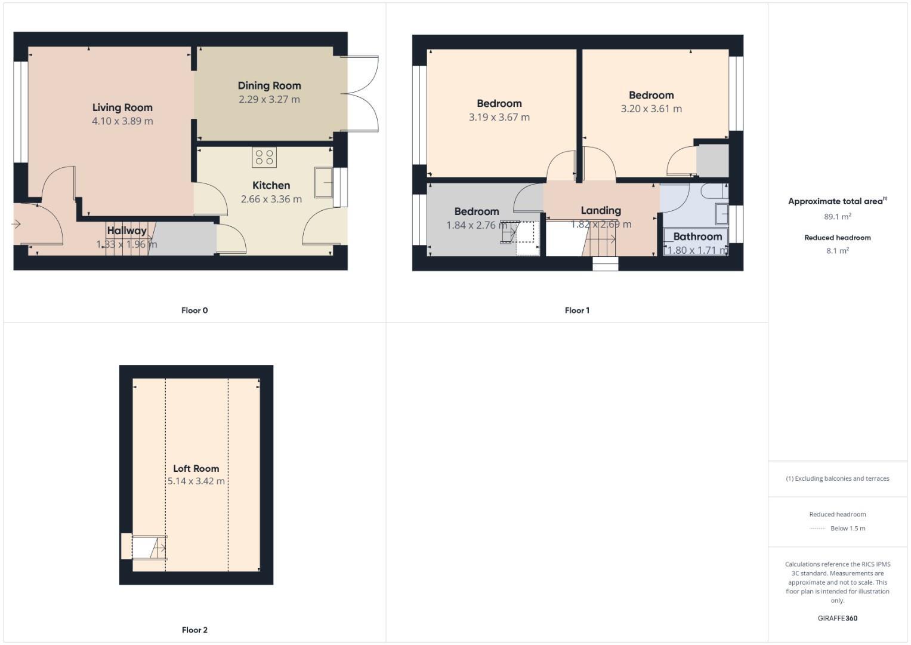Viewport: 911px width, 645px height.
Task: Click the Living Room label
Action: (122, 107)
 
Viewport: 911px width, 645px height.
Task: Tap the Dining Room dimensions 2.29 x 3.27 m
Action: (269, 99)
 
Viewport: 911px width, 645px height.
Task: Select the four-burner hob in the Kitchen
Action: (264, 158)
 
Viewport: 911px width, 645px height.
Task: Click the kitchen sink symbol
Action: (324, 182)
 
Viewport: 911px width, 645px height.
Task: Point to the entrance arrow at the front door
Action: (16, 224)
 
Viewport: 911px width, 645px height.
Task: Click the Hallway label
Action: (126, 231)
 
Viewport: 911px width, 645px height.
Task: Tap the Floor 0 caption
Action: (194, 310)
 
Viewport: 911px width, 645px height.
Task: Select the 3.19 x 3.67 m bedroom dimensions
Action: (499, 117)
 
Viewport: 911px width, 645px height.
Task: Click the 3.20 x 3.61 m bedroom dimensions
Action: (651, 109)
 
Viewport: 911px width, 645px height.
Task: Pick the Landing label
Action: (601, 210)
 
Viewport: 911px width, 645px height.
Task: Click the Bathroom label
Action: (697, 236)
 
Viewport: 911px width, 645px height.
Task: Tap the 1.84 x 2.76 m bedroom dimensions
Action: (477, 225)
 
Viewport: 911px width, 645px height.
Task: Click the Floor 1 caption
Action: (577, 310)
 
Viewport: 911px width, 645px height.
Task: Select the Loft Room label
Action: (196, 468)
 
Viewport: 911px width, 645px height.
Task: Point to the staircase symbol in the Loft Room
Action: (149, 548)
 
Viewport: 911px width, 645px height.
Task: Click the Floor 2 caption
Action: (194, 629)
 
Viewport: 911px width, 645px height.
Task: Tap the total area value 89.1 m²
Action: (837, 217)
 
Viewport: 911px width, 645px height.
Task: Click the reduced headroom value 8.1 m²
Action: (837, 251)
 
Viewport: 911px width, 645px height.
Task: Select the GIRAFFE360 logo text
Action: (837, 618)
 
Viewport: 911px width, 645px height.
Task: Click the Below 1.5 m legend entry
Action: (847, 528)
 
